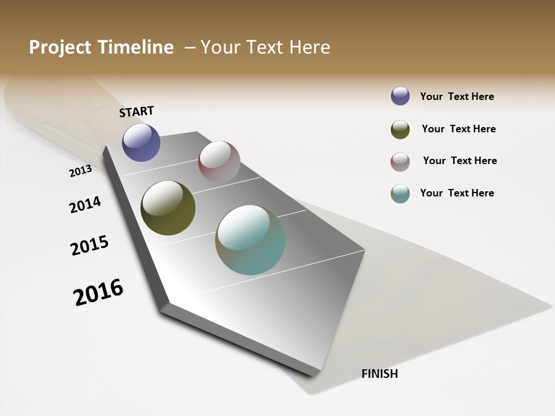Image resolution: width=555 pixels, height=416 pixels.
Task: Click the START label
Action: click(x=136, y=112)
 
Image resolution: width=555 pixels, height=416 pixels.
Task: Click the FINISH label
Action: click(x=379, y=374)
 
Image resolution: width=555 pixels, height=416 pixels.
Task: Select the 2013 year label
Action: click(x=81, y=170)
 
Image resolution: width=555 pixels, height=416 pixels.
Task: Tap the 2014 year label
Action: click(x=86, y=205)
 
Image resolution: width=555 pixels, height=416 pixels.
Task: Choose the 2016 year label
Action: click(x=98, y=292)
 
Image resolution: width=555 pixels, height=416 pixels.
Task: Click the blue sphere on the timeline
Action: click(x=141, y=142)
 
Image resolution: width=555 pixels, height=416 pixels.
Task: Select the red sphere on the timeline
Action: click(x=219, y=161)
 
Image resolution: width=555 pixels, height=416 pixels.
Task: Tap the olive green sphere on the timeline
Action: click(x=168, y=208)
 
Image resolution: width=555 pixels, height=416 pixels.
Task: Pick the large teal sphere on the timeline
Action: click(x=250, y=240)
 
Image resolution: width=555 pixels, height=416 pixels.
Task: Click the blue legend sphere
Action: click(x=400, y=96)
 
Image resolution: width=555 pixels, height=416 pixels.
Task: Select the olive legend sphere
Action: click(x=400, y=129)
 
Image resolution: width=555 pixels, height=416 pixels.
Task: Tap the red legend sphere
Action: click(x=400, y=162)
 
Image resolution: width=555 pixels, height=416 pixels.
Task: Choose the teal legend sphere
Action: click(x=400, y=194)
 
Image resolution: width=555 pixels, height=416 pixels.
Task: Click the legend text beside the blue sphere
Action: click(x=457, y=96)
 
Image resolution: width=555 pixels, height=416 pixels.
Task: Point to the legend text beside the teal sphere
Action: click(x=457, y=193)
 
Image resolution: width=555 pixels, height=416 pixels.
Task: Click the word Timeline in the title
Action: click(x=136, y=47)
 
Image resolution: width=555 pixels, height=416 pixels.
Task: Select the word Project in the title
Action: click(x=61, y=47)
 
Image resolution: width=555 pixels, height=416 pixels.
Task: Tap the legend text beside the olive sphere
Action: click(x=458, y=129)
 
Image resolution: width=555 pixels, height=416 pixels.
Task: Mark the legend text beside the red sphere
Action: click(x=460, y=161)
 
